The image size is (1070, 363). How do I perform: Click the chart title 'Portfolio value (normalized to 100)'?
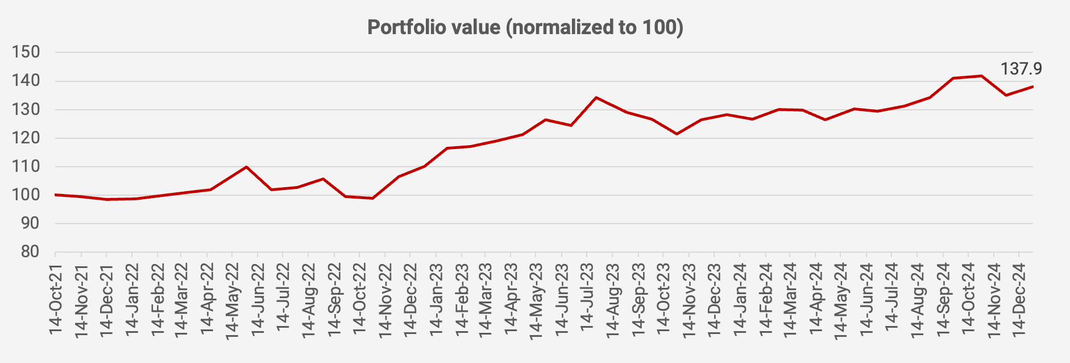point(525,27)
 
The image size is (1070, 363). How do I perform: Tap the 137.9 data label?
point(1021,69)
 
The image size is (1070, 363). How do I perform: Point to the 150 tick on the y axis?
point(26,52)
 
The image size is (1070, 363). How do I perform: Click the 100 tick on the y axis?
point(26,195)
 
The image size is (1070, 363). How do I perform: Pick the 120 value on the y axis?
point(26,138)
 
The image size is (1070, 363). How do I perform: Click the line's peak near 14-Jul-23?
point(596,97)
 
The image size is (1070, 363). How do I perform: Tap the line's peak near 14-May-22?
point(246,167)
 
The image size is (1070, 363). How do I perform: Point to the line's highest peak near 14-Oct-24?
point(981,76)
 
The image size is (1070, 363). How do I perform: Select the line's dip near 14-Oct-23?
point(677,134)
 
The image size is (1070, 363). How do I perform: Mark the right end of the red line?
point(1032,86)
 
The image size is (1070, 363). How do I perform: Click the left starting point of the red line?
point(56,195)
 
